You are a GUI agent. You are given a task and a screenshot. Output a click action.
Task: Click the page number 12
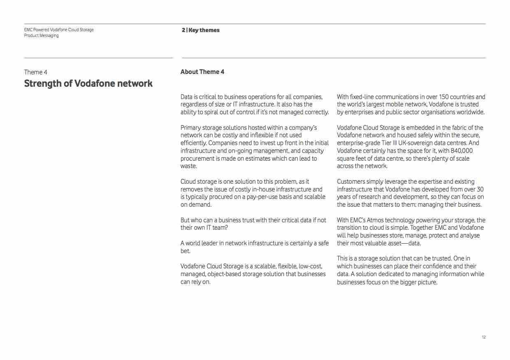tap(484, 337)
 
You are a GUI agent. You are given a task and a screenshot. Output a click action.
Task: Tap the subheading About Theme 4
tap(202, 72)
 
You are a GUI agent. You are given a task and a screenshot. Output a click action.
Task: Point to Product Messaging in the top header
tap(41, 36)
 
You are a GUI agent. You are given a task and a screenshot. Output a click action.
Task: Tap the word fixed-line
tap(362, 97)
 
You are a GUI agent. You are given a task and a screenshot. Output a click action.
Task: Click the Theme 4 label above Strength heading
tap(36, 72)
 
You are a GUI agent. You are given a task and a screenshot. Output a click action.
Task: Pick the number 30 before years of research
tap(480, 189)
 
